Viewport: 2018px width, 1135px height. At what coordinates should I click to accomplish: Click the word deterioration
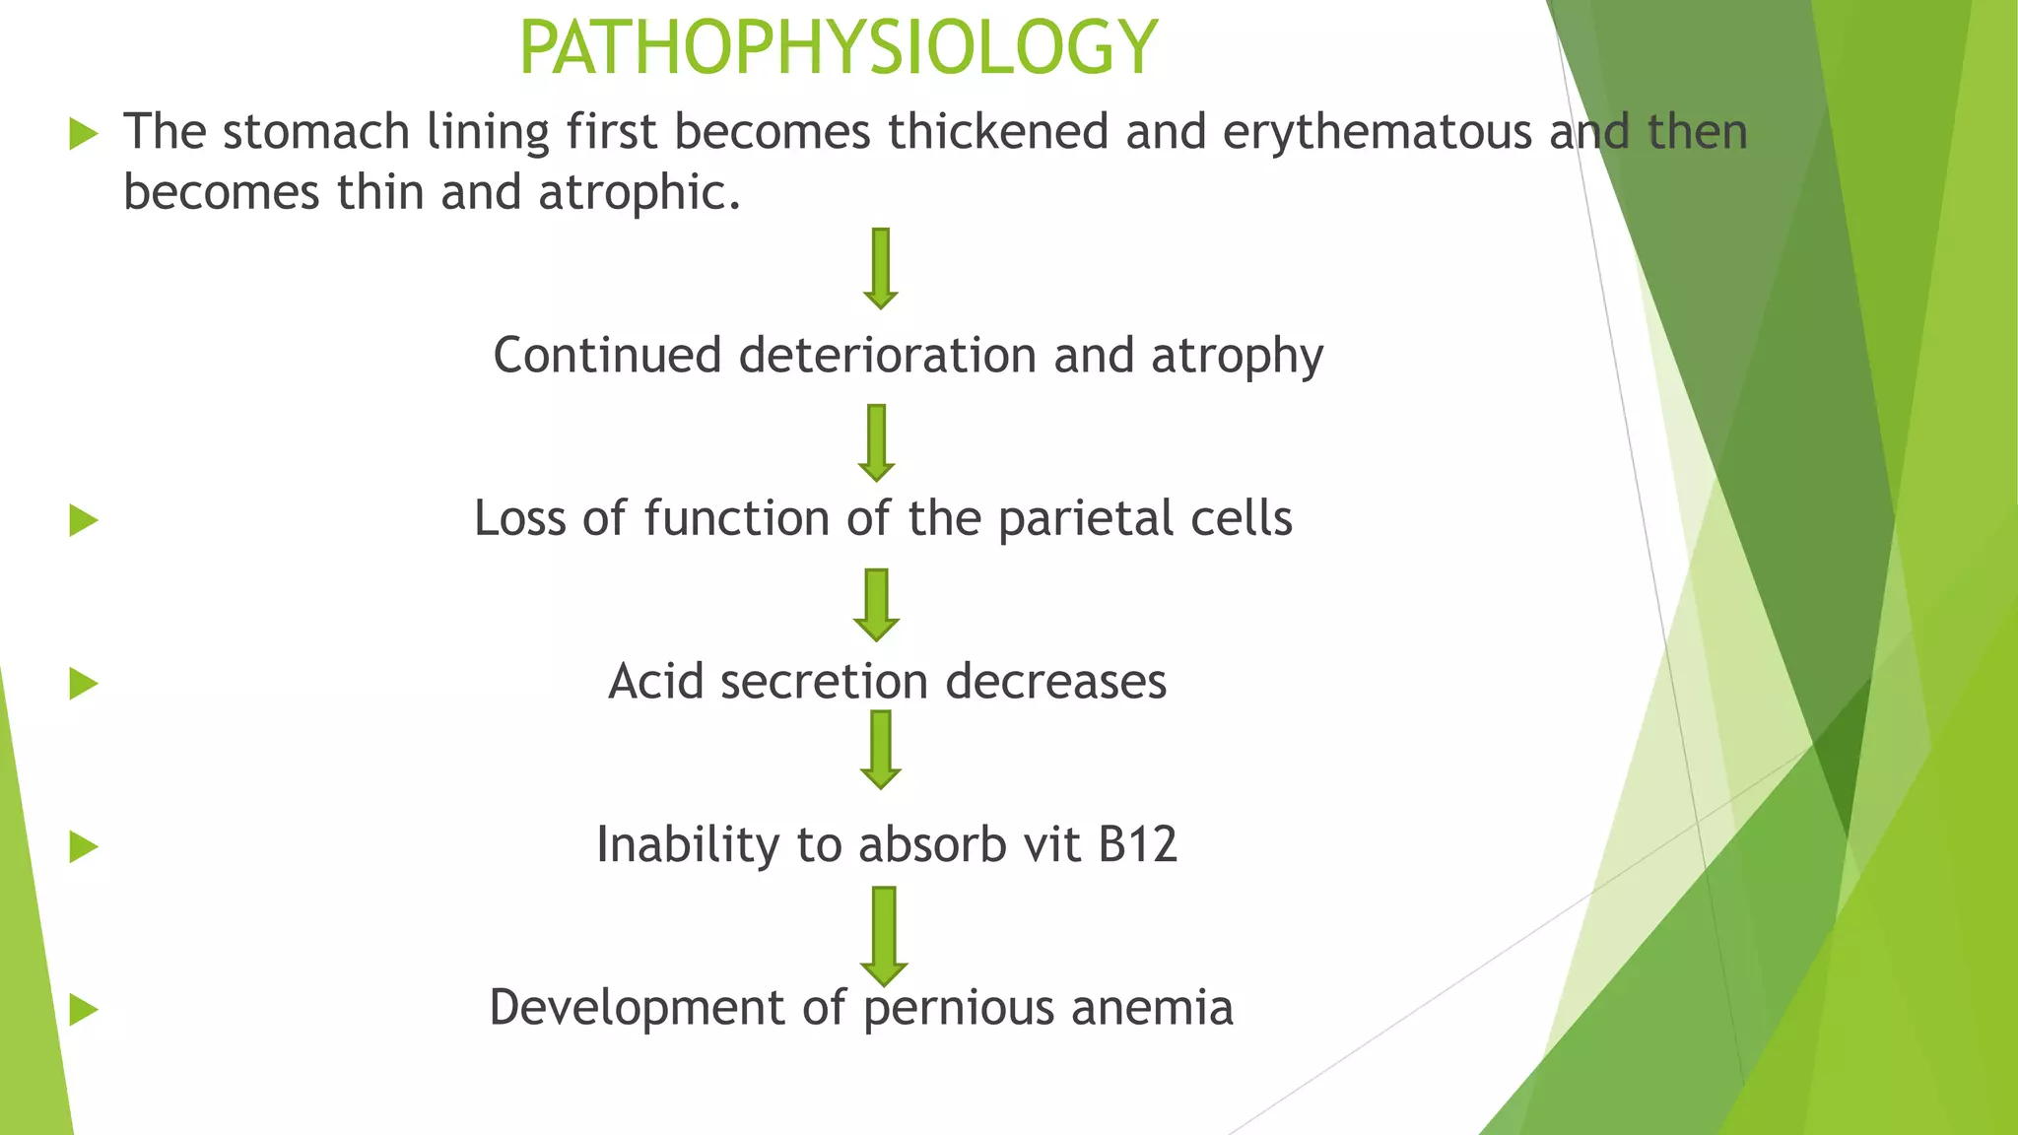point(887,355)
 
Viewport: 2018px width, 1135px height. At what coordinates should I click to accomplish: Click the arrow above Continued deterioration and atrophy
point(881,268)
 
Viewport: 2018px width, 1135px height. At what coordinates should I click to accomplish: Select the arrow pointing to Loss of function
point(876,442)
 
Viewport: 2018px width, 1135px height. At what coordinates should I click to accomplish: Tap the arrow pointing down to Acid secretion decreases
point(876,604)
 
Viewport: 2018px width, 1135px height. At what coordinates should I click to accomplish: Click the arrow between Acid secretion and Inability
point(880,749)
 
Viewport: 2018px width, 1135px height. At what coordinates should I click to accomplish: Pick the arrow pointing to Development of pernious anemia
point(884,935)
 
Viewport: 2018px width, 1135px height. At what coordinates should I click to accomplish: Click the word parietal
point(1085,518)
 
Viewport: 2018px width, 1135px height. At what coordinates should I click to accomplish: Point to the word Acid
point(655,681)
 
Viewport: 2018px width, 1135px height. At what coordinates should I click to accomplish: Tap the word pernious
point(959,1008)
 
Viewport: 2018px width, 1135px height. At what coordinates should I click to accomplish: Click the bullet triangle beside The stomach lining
point(84,134)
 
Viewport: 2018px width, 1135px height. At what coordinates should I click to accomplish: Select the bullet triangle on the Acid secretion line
point(84,684)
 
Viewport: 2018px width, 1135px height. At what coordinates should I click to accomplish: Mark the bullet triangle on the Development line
point(84,1010)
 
